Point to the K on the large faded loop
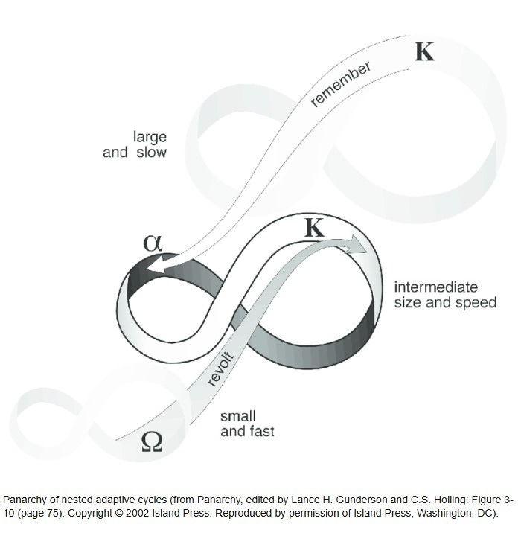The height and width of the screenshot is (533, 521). click(424, 51)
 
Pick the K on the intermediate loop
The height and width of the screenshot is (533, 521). click(315, 228)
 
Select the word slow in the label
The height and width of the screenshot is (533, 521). click(151, 153)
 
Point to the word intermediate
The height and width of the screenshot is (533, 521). click(436, 287)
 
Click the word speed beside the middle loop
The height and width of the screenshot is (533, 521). click(476, 303)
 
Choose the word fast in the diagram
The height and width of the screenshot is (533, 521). click(260, 431)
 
